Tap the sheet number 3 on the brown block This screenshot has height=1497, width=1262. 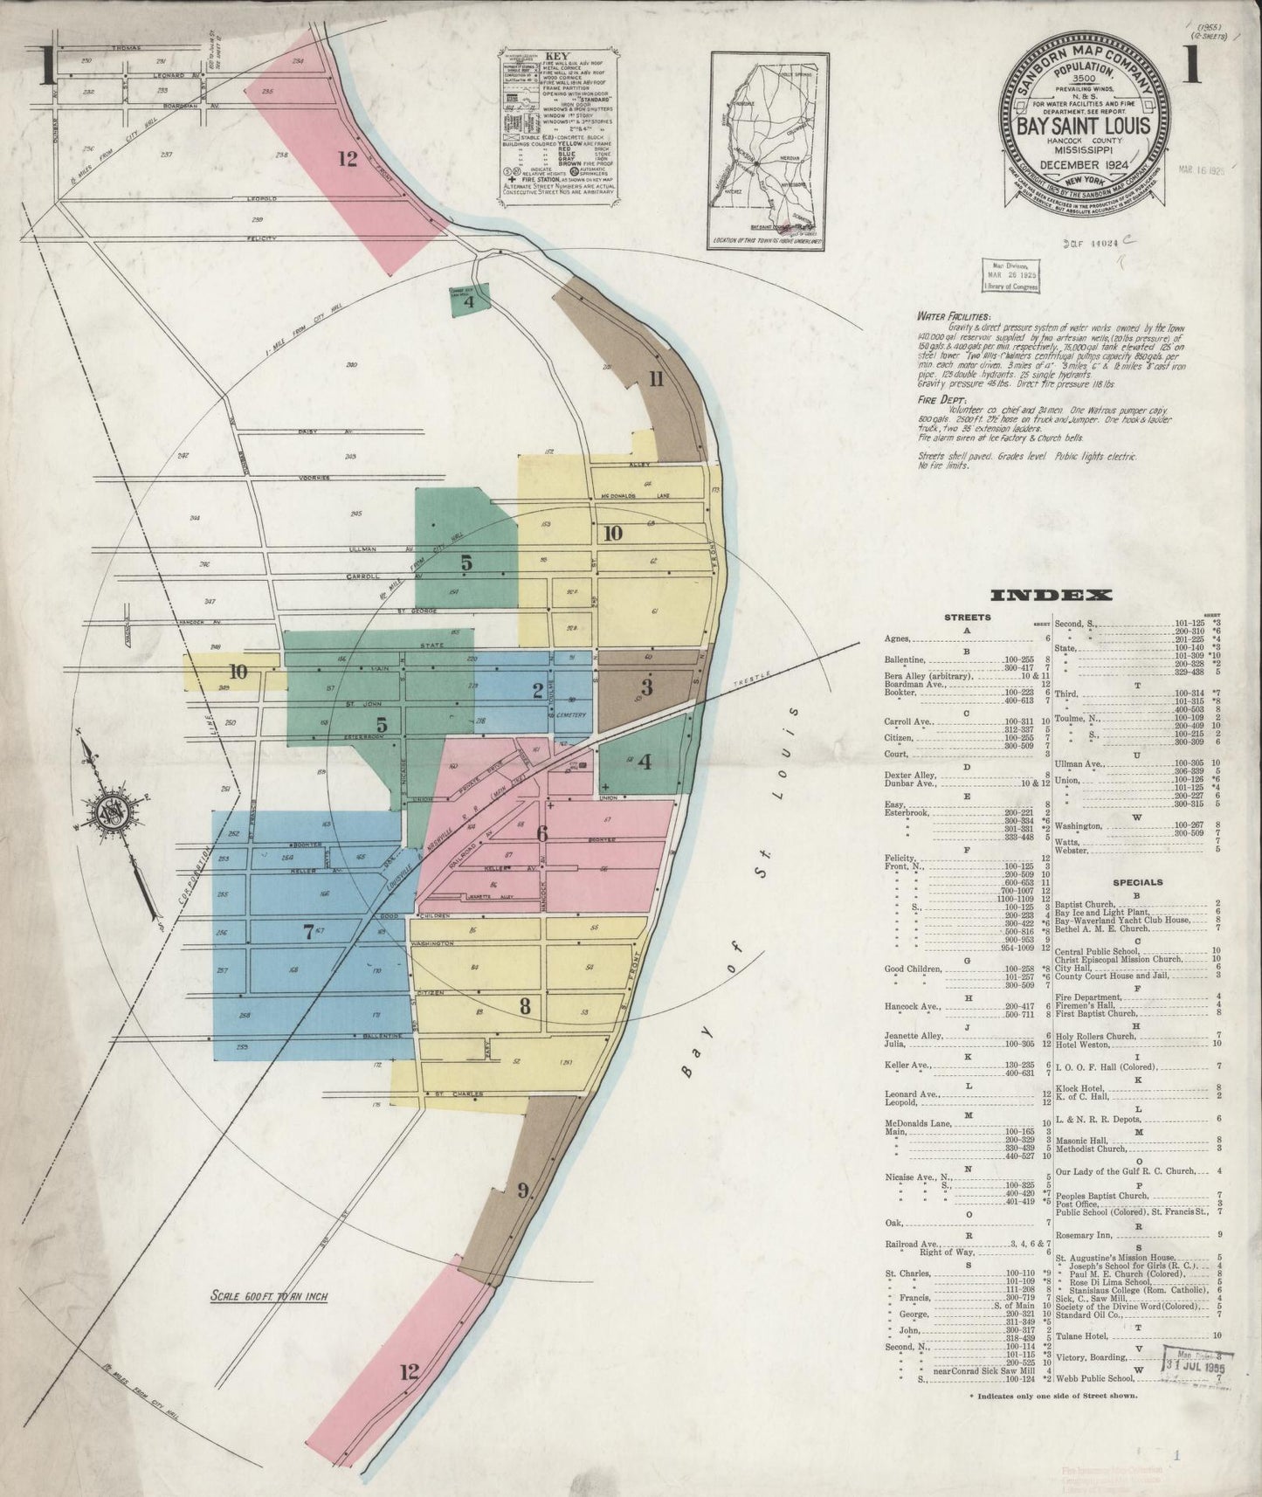[x=645, y=687]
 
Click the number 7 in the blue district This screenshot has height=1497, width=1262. [x=307, y=932]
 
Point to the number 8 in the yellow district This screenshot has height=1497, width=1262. [x=525, y=1005]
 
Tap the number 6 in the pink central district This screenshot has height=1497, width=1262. [x=541, y=833]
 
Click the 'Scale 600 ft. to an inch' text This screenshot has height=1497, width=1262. [x=268, y=1297]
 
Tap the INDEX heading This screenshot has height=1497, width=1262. [x=1051, y=596]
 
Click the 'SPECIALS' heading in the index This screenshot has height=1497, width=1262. [x=1138, y=882]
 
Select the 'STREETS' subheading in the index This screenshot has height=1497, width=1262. [x=967, y=617]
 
